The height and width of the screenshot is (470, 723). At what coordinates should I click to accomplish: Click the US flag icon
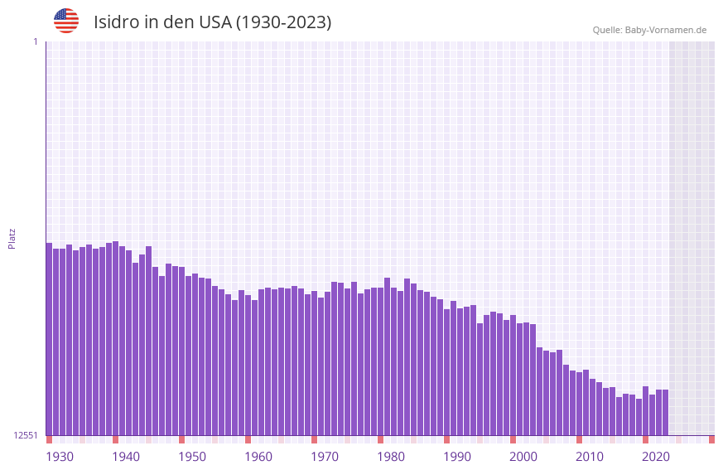[x=66, y=21]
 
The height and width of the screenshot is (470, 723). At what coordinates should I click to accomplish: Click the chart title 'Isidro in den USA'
[x=212, y=22]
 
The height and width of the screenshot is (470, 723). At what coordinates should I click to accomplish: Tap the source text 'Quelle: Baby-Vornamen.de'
[x=649, y=30]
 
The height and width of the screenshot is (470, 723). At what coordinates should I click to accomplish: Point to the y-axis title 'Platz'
[x=12, y=238]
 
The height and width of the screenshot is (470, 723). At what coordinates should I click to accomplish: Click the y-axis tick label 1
[x=35, y=41]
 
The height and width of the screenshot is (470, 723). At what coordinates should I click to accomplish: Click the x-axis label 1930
[x=60, y=457]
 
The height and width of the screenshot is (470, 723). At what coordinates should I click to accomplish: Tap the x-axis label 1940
[x=126, y=457]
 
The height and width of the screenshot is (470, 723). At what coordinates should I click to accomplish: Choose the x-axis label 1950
[x=192, y=457]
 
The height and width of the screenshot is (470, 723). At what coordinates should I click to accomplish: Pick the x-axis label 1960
[x=258, y=457]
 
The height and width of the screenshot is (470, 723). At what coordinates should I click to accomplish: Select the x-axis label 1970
[x=325, y=457]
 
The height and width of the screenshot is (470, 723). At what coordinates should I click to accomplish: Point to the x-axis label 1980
[x=391, y=457]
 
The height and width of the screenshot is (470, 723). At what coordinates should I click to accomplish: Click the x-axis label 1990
[x=457, y=457]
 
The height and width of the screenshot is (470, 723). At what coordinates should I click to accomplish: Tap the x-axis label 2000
[x=523, y=457]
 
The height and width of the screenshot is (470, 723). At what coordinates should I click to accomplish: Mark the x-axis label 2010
[x=590, y=457]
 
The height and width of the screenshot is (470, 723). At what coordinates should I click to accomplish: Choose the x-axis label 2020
[x=656, y=457]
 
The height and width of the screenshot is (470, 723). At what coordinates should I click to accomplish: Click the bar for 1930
[x=49, y=340]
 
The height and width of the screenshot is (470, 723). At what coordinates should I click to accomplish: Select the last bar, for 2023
[x=665, y=413]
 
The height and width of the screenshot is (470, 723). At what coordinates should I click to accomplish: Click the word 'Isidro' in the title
[x=116, y=22]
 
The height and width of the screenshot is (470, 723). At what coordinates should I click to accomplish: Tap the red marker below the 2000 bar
[x=513, y=439]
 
